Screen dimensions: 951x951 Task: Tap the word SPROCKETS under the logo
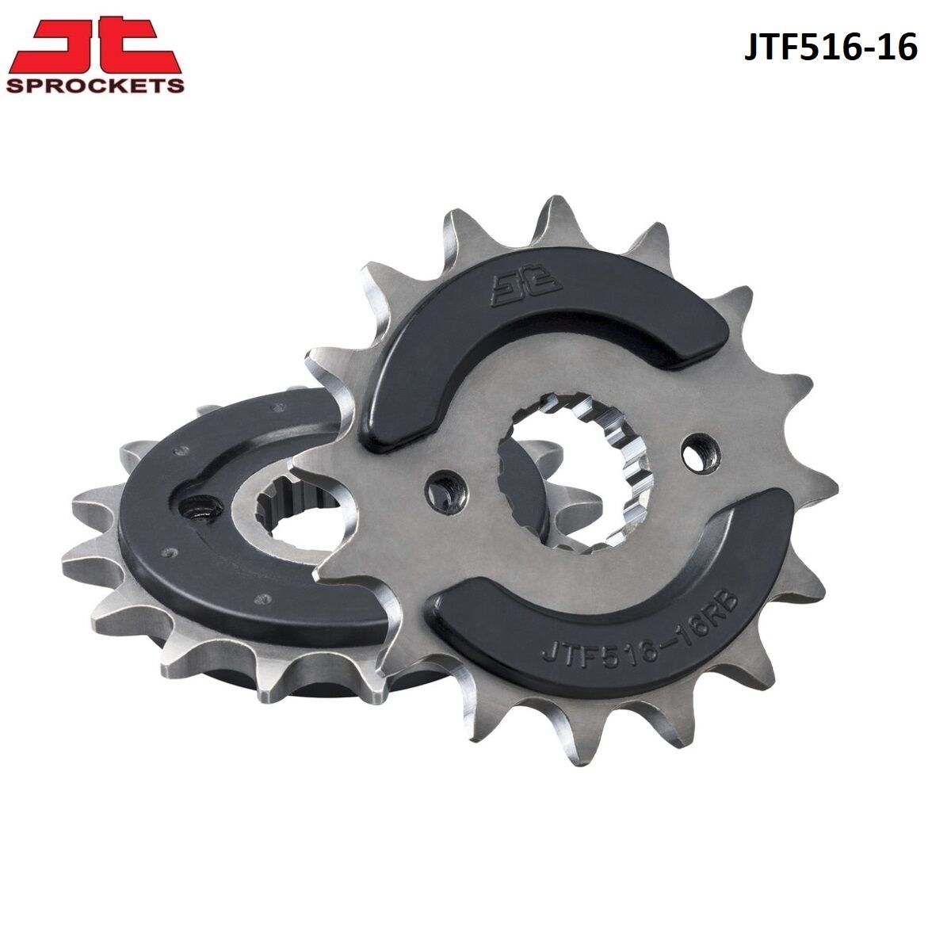tap(95, 86)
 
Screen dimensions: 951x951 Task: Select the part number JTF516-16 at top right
tap(831, 49)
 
